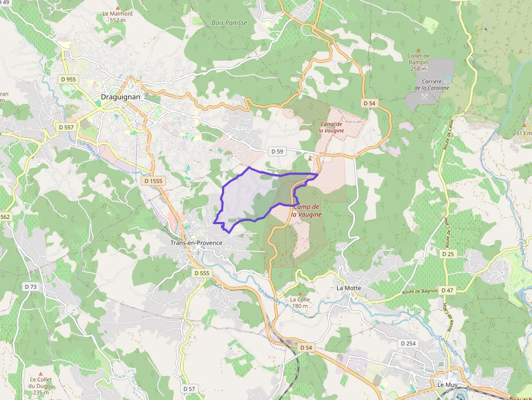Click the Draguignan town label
point(121,97)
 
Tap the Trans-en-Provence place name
point(197,243)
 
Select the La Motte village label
point(349,288)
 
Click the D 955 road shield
point(68,79)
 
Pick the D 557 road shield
point(65,127)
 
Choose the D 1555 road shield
point(154,180)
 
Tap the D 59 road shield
point(277,151)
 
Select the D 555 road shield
point(201,273)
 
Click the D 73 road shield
point(30,286)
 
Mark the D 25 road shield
point(448,253)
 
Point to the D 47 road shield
point(447,290)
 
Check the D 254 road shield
point(408,343)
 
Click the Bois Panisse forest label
point(229,23)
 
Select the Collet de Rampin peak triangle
point(418,49)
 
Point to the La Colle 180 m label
point(300,302)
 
